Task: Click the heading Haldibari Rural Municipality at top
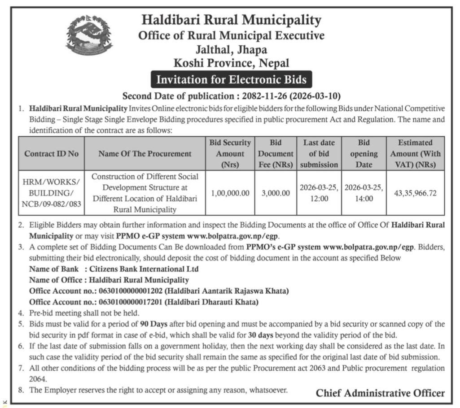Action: [231, 20]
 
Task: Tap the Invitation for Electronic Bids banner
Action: [231, 80]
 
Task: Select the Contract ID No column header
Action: [51, 153]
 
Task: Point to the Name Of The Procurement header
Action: [145, 153]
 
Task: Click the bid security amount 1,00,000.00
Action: [230, 193]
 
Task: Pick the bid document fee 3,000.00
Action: [276, 193]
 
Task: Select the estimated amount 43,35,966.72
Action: [415, 193]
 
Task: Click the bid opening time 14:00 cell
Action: [364, 193]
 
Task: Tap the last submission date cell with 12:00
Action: [319, 193]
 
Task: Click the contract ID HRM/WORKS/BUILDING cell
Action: [51, 193]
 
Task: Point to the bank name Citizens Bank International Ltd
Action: [144, 269]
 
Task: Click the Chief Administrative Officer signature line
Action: [380, 393]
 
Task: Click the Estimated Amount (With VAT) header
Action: [415, 153]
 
